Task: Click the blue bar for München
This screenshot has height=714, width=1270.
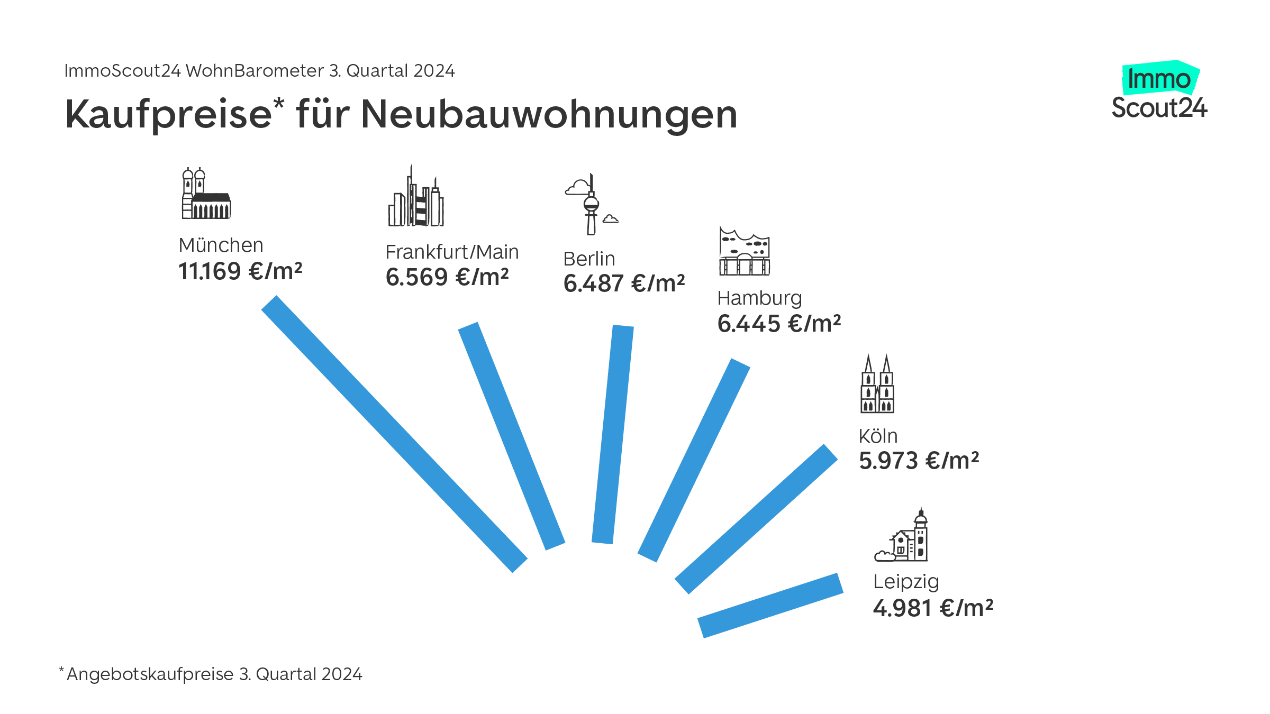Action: coord(394,434)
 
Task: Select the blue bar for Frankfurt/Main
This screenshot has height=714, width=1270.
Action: coord(512,436)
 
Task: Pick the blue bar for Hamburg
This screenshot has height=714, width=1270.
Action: coord(694,460)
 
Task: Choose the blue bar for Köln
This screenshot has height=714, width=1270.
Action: coord(756,519)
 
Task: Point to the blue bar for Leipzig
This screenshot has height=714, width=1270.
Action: coord(770,606)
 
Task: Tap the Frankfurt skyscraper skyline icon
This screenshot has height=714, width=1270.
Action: coord(416,197)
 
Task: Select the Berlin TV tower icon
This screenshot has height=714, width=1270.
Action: coord(591,205)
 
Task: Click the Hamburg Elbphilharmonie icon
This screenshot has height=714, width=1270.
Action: coord(744,252)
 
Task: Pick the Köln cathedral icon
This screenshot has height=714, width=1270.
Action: coord(877,385)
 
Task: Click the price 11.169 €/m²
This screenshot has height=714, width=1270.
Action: coord(240,271)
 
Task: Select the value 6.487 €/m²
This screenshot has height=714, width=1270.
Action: coord(624,283)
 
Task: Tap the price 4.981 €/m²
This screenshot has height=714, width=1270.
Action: coord(933,608)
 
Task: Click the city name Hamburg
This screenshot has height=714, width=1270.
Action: coord(759,299)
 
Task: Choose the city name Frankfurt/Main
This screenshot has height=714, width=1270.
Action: coord(452,252)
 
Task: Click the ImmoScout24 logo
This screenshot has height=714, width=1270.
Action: coord(1159,91)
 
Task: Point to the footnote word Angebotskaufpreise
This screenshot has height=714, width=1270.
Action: coord(150,674)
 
